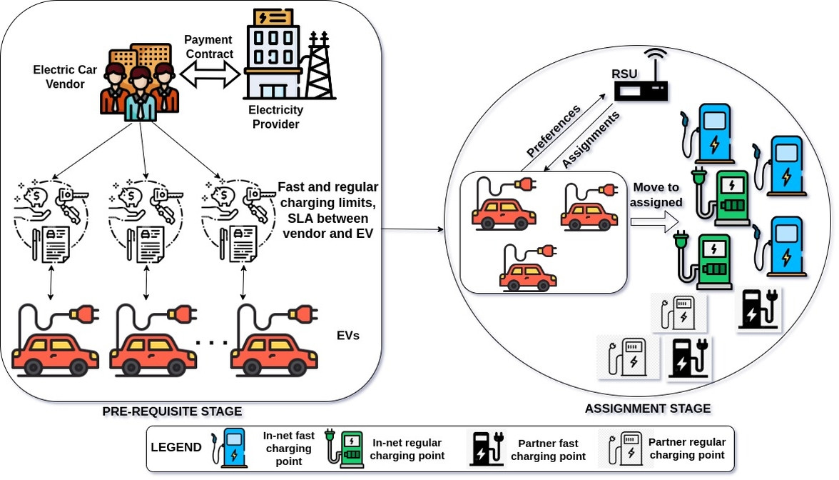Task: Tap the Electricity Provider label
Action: (x=275, y=117)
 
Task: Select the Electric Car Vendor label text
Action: (x=59, y=77)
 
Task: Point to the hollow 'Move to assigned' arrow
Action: (x=652, y=223)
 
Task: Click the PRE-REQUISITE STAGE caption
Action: (x=172, y=411)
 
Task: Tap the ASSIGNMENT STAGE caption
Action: (x=647, y=409)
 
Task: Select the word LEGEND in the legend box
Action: (x=176, y=448)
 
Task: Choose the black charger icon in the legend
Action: (x=485, y=448)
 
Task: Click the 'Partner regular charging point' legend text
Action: (x=686, y=449)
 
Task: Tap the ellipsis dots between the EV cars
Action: (x=211, y=343)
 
